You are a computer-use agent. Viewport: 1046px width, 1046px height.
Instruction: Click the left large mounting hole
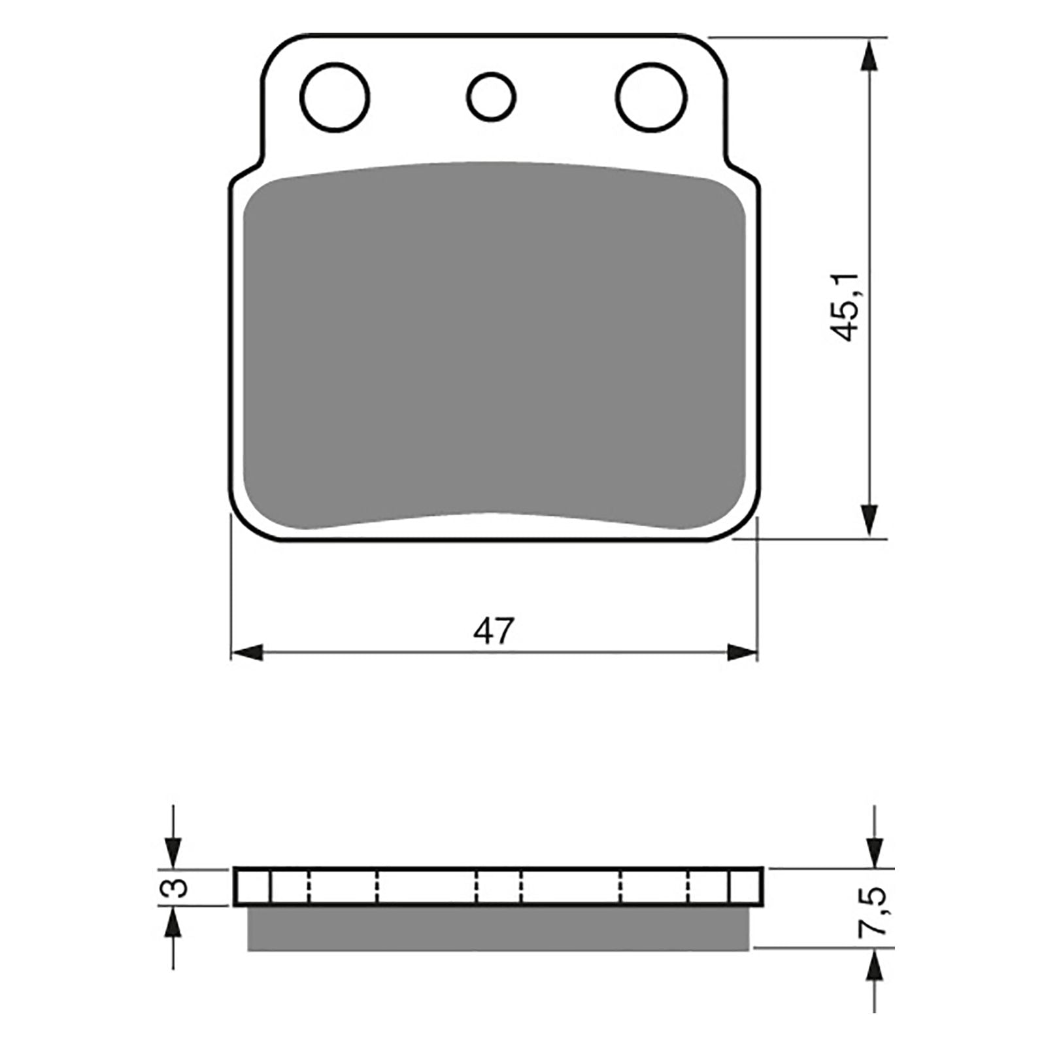tap(335, 97)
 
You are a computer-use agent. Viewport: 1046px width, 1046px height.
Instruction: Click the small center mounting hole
tap(491, 97)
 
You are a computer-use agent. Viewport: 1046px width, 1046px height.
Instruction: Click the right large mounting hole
tap(652, 97)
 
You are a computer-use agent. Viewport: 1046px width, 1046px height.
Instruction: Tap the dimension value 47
tap(494, 632)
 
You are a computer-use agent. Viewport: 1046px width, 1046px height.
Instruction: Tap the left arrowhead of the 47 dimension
tap(247, 652)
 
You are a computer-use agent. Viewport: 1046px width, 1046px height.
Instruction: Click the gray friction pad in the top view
tap(494, 346)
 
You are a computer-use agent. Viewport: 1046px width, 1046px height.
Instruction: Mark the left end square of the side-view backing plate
tap(252, 887)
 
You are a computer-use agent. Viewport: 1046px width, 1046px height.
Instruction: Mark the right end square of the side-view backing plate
tap(745, 887)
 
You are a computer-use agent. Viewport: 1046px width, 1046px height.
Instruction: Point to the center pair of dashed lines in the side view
tap(499, 887)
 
